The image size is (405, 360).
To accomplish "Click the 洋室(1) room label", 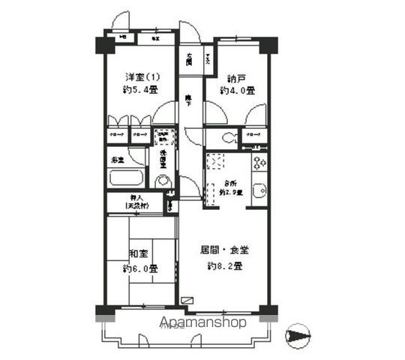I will point(141,76).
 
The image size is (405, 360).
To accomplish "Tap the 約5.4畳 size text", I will point(141,90).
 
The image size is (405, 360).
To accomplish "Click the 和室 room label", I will point(137,253).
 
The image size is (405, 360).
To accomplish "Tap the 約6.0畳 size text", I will point(140,268).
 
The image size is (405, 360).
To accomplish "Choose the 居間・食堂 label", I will point(224,250).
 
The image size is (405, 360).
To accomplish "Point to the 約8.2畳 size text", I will point(224,265).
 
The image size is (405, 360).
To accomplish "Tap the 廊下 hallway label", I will point(188,100).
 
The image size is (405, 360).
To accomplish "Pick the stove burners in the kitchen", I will point(259,162).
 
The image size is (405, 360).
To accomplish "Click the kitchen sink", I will point(259,190).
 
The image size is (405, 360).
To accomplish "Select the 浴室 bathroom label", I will point(118,160).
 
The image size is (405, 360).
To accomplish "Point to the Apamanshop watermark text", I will point(202,323).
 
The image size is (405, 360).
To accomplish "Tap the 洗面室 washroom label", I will point(163,160).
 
